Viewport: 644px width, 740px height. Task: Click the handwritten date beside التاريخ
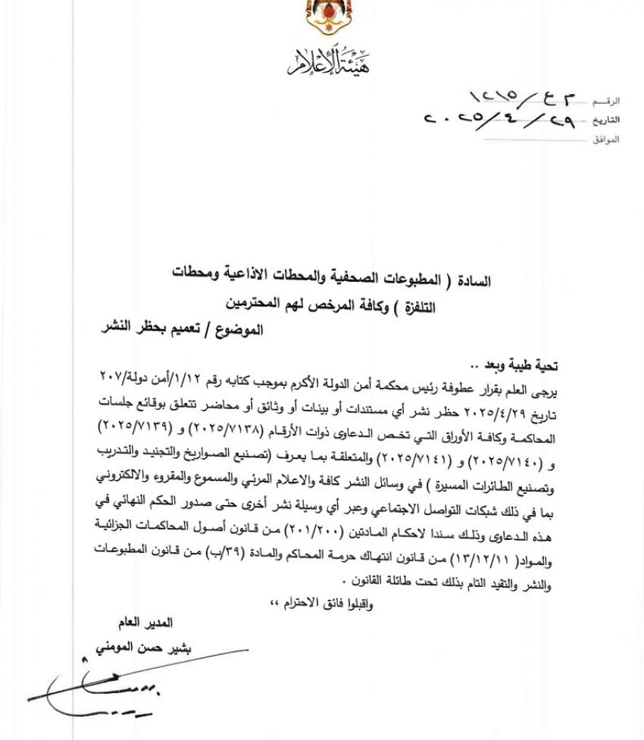coord(499,120)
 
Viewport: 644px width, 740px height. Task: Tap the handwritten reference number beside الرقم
coord(523,98)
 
